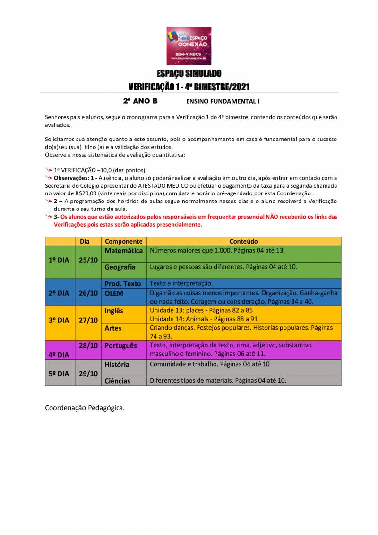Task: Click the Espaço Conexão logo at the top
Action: click(x=189, y=46)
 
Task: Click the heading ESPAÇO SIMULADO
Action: click(x=189, y=74)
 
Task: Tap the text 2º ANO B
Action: click(x=140, y=101)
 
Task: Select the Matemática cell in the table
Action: click(x=123, y=251)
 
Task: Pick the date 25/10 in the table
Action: click(x=88, y=260)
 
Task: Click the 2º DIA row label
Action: click(x=59, y=293)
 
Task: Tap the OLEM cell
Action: click(x=114, y=293)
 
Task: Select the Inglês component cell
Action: click(x=114, y=311)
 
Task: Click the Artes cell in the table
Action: click(x=113, y=328)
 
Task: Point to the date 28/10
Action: click(x=88, y=345)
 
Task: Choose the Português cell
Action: click(x=120, y=346)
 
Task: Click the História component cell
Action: click(x=117, y=365)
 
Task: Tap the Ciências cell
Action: click(x=117, y=381)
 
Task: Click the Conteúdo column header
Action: click(x=243, y=241)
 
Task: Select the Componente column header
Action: click(x=123, y=241)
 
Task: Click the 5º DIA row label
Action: click(x=59, y=373)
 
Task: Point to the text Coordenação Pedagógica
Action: click(x=85, y=408)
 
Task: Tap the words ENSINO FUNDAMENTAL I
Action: click(x=223, y=101)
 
